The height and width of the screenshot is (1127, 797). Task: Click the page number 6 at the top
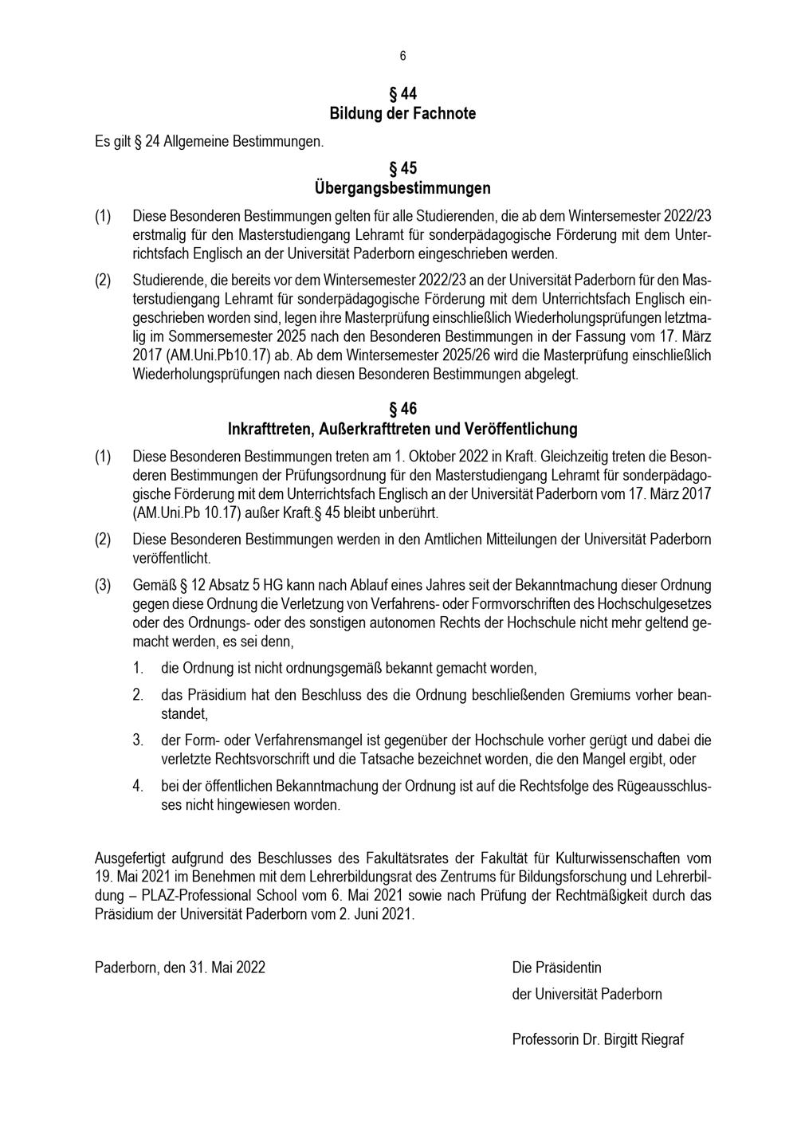pos(402,56)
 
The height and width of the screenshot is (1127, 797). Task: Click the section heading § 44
pos(402,93)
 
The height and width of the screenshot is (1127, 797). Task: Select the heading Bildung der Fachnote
pos(402,113)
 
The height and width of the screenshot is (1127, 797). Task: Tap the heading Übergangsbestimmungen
pos(402,188)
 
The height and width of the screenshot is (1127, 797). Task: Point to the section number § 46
pos(402,409)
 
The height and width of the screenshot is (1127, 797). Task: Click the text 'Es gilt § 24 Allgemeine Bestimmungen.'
pos(210,142)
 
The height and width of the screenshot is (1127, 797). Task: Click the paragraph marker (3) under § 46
pos(103,585)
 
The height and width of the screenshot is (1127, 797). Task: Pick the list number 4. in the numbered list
pos(138,786)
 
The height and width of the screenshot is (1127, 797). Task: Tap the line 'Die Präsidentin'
pos(556,968)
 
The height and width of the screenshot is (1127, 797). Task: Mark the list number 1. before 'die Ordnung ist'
pos(138,668)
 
